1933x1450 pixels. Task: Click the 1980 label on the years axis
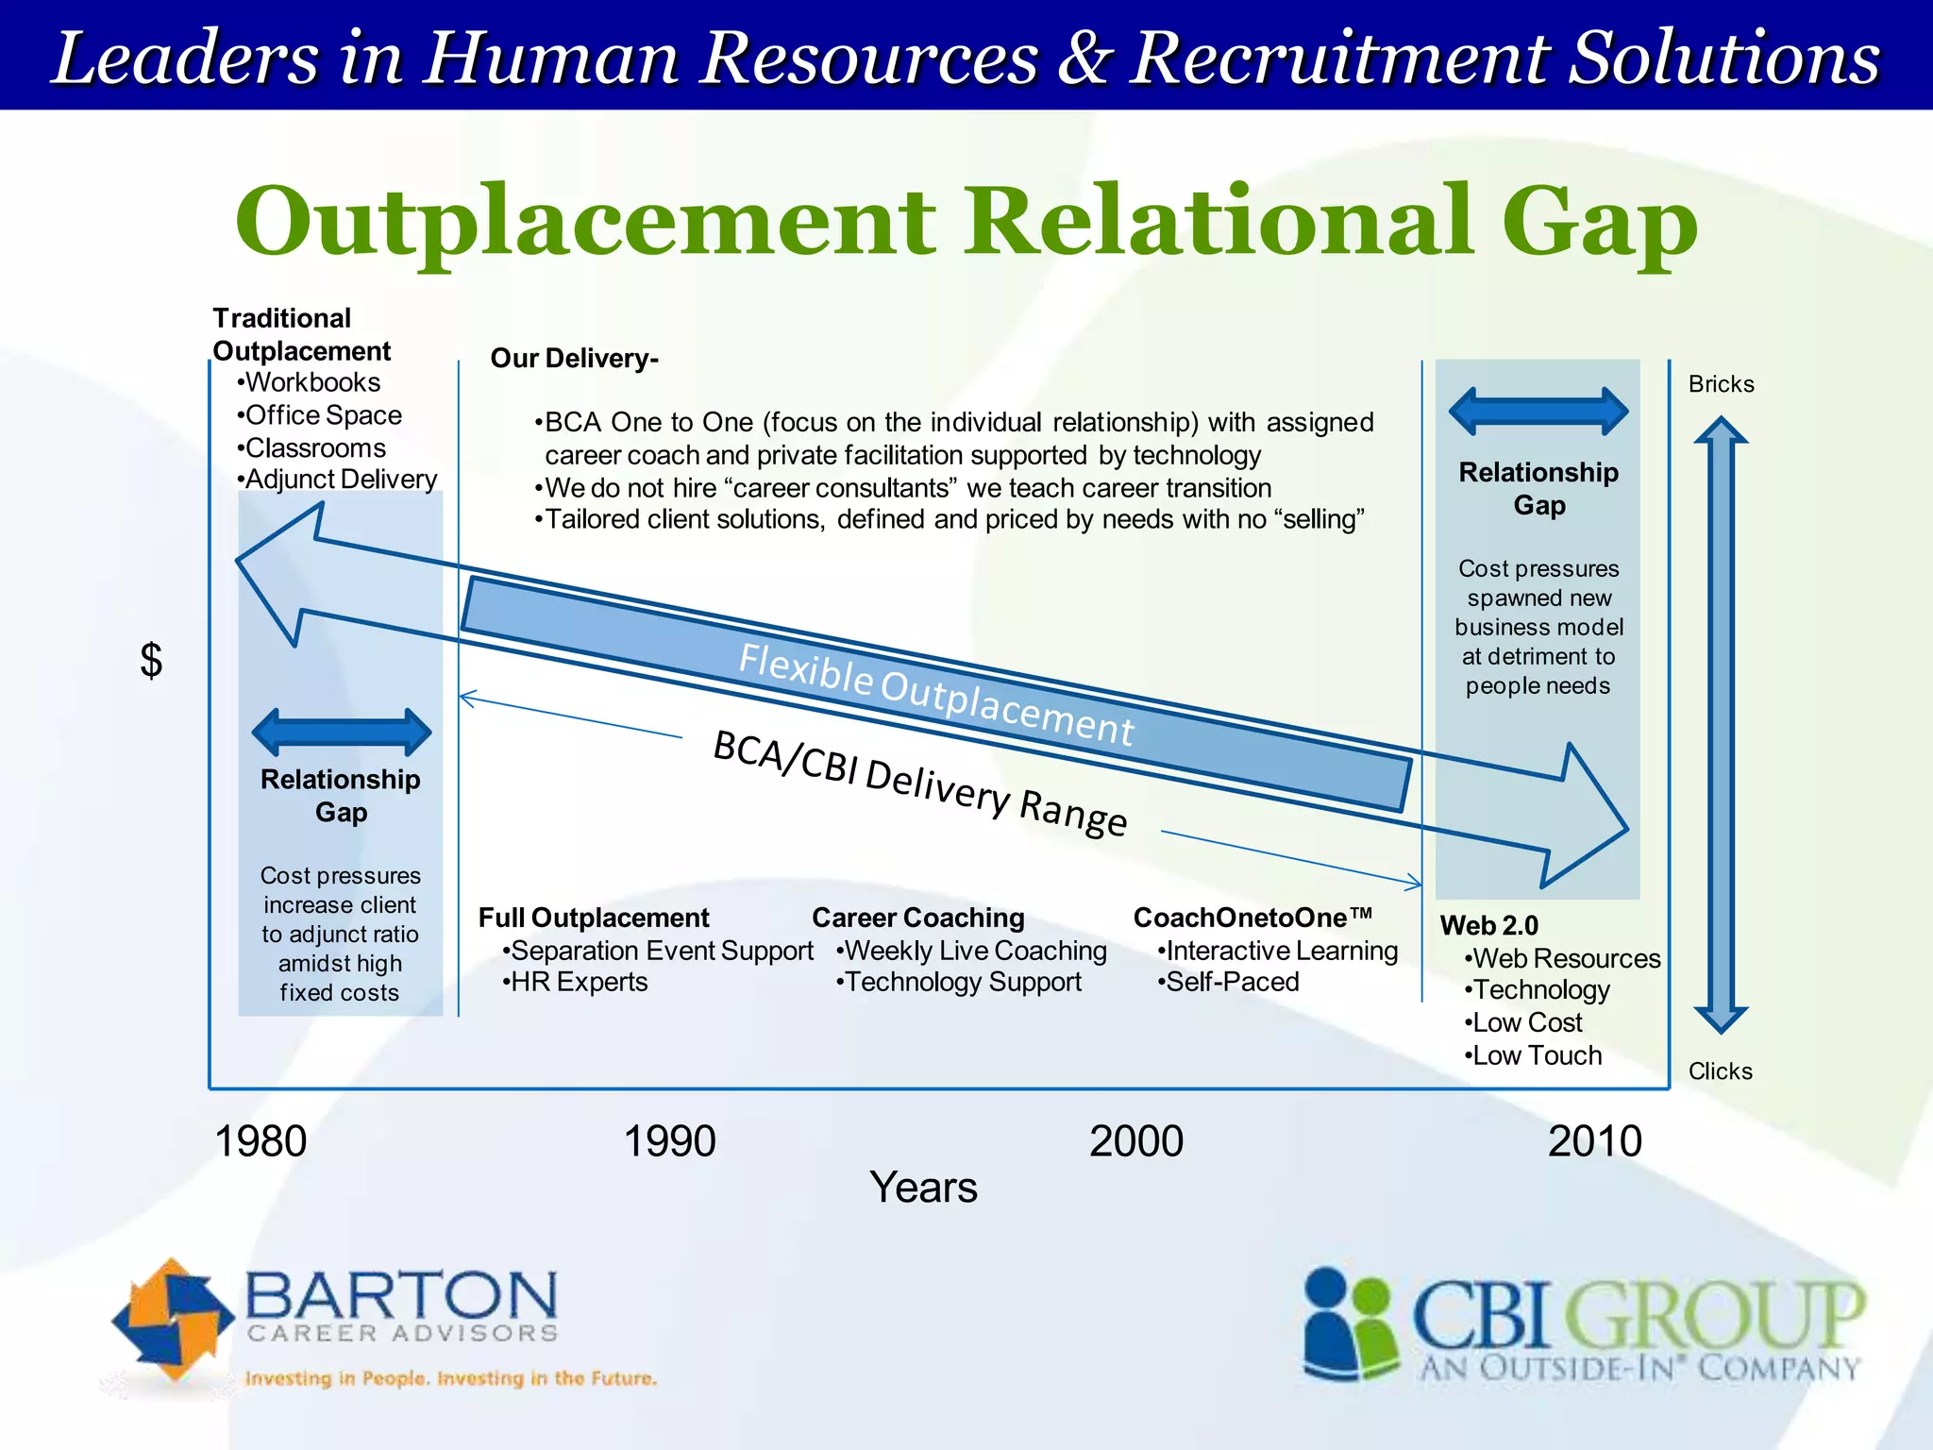tap(261, 1141)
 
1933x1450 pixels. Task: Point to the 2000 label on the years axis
tap(1135, 1141)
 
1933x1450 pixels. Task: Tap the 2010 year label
tap(1594, 1141)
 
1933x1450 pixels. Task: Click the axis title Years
tap(922, 1188)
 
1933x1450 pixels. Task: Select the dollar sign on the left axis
tap(151, 660)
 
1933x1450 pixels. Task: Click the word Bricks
tap(1721, 384)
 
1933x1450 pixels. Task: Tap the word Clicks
tap(1720, 1071)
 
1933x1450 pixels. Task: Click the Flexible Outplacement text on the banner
tap(935, 695)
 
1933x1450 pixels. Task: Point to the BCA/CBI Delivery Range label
tap(920, 784)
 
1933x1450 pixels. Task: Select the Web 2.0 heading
tap(1488, 925)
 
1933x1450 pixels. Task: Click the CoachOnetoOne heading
tap(1252, 918)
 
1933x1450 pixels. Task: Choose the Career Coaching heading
tap(917, 918)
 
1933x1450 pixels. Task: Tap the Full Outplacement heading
tap(593, 918)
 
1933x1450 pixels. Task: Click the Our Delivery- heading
tap(574, 359)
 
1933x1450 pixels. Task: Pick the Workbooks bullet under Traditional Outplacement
tap(311, 382)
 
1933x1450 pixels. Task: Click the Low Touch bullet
tap(1536, 1055)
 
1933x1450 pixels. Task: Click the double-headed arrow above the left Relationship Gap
tap(342, 732)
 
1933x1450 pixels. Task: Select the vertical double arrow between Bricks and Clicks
tap(1721, 725)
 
